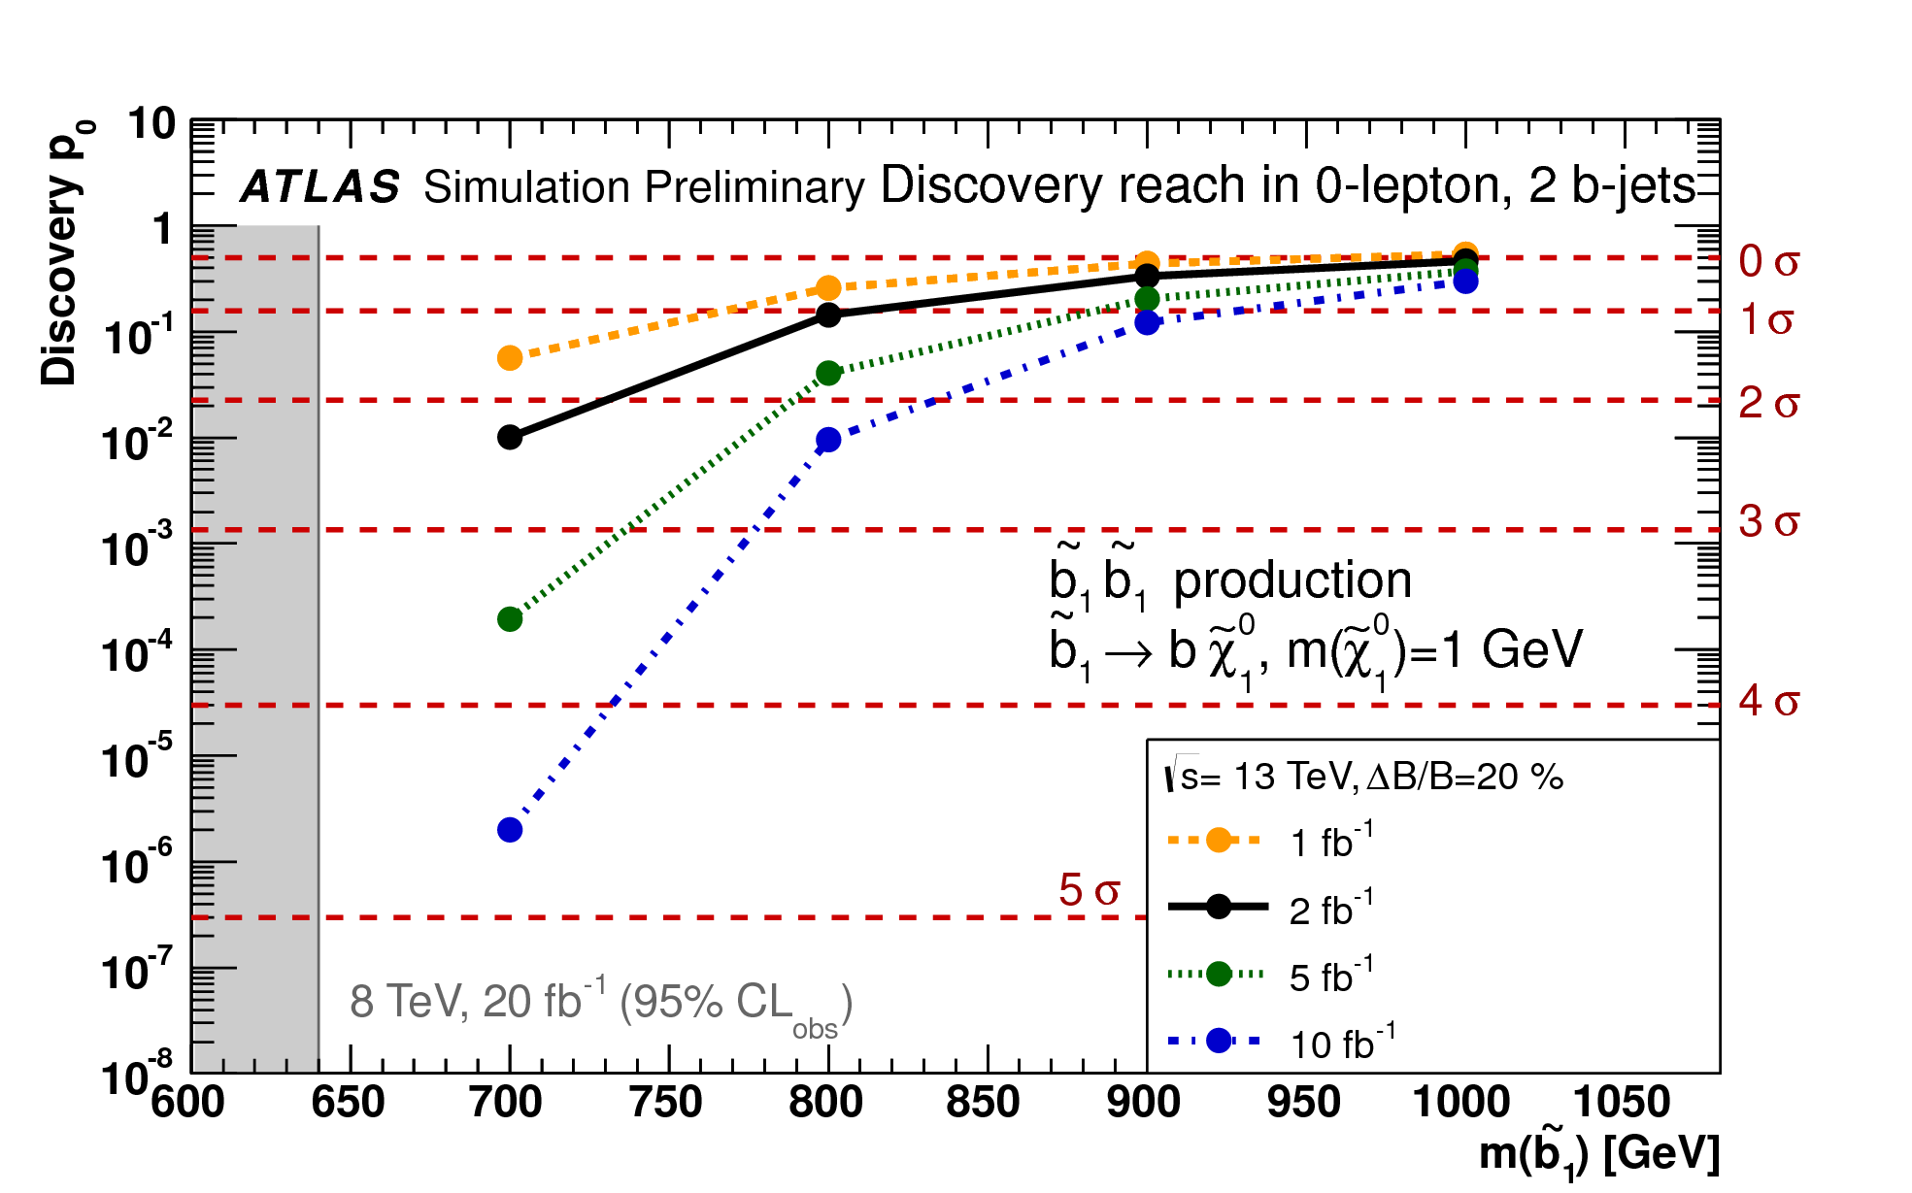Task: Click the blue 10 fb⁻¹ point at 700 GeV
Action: (510, 830)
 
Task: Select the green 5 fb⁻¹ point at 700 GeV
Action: (510, 619)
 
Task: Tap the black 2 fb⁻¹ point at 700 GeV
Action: (510, 437)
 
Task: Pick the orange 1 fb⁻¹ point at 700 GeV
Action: (510, 358)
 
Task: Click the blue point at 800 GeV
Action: (828, 440)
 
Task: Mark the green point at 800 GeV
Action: (828, 373)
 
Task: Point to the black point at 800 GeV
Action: (828, 315)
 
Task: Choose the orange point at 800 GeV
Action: (828, 287)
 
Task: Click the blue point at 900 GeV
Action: (1148, 322)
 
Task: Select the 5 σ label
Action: (1089, 890)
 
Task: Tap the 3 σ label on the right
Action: (1768, 522)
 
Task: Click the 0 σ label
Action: (1768, 261)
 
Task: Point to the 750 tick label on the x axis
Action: (666, 1103)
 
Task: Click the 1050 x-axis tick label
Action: (1622, 1103)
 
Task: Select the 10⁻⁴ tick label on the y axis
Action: (137, 653)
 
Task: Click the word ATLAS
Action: (320, 186)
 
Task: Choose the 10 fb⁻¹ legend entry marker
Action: (1219, 1041)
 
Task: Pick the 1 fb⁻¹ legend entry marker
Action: (1219, 840)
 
